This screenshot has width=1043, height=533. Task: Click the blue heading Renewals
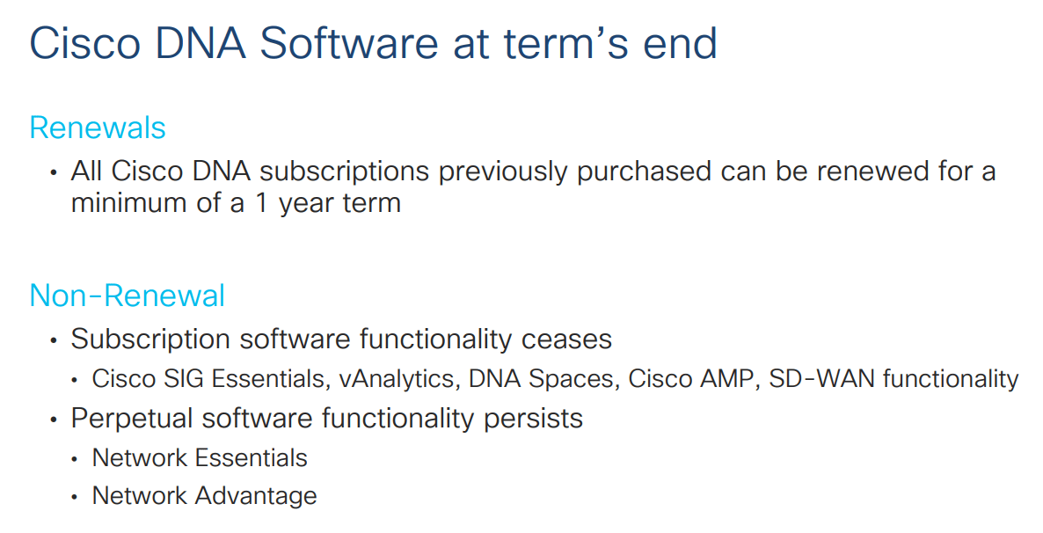click(97, 128)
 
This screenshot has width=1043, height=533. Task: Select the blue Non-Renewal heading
click(127, 296)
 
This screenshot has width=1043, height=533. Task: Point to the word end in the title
click(680, 44)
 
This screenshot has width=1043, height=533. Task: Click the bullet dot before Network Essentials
click(77, 460)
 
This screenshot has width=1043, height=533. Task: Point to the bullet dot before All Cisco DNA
click(55, 172)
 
